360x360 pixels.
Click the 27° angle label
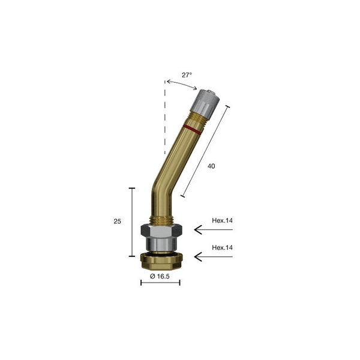point(187,75)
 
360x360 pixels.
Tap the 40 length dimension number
point(211,166)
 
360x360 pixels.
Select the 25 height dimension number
point(118,221)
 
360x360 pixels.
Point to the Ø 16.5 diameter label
point(160,276)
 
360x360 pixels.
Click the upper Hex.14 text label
point(222,220)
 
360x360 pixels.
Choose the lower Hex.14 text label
point(222,247)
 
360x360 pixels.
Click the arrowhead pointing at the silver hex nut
point(198,229)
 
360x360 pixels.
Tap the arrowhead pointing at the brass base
point(198,256)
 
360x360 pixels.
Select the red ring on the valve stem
point(193,130)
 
